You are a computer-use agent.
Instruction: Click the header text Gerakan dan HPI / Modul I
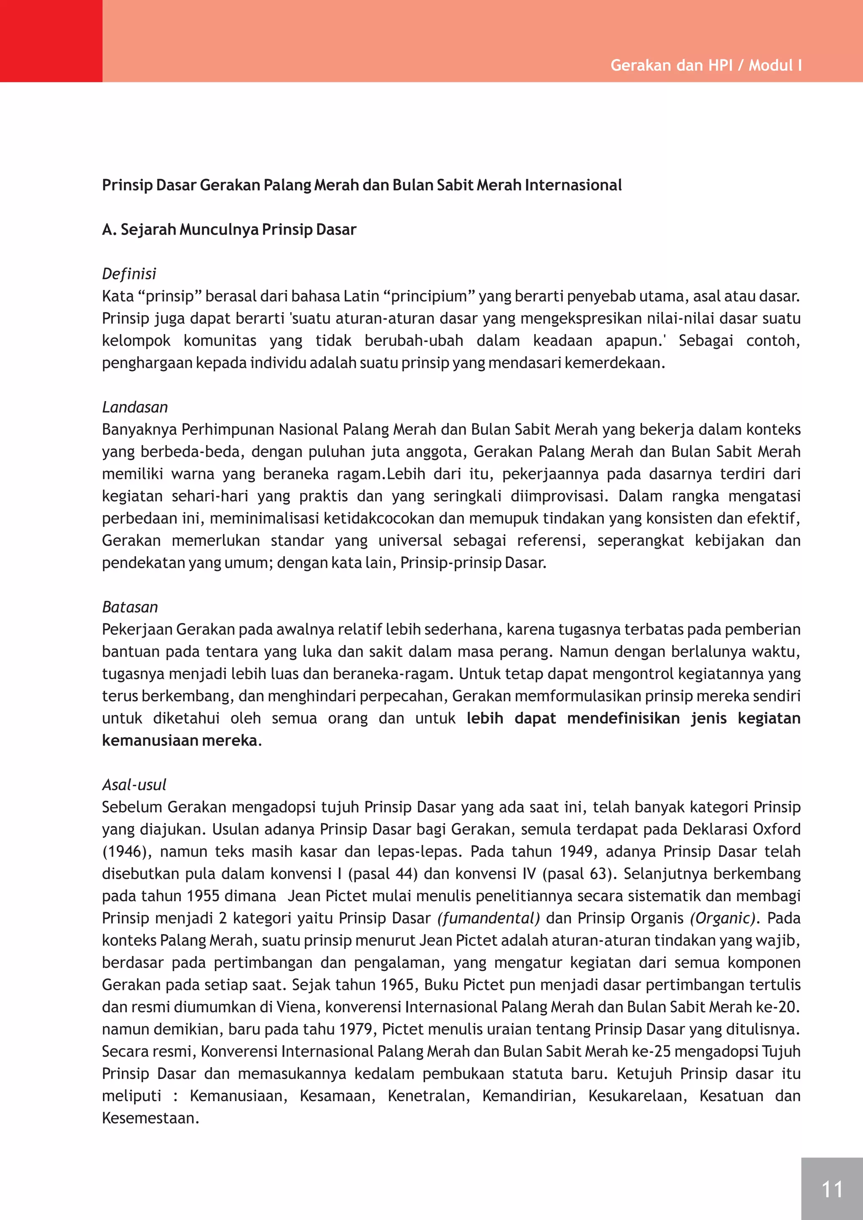click(706, 65)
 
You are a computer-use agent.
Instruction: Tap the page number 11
click(832, 1189)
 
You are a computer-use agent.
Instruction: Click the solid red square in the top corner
click(51, 41)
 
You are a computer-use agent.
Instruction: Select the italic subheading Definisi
click(129, 274)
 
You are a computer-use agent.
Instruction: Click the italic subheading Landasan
click(135, 407)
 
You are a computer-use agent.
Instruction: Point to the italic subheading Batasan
click(130, 607)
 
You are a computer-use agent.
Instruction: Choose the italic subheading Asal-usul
click(134, 784)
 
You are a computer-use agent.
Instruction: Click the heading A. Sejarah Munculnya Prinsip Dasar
click(229, 230)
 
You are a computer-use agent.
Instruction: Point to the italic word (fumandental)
click(488, 918)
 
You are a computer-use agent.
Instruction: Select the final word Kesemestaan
click(150, 1118)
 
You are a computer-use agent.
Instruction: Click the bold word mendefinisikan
click(623, 718)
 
